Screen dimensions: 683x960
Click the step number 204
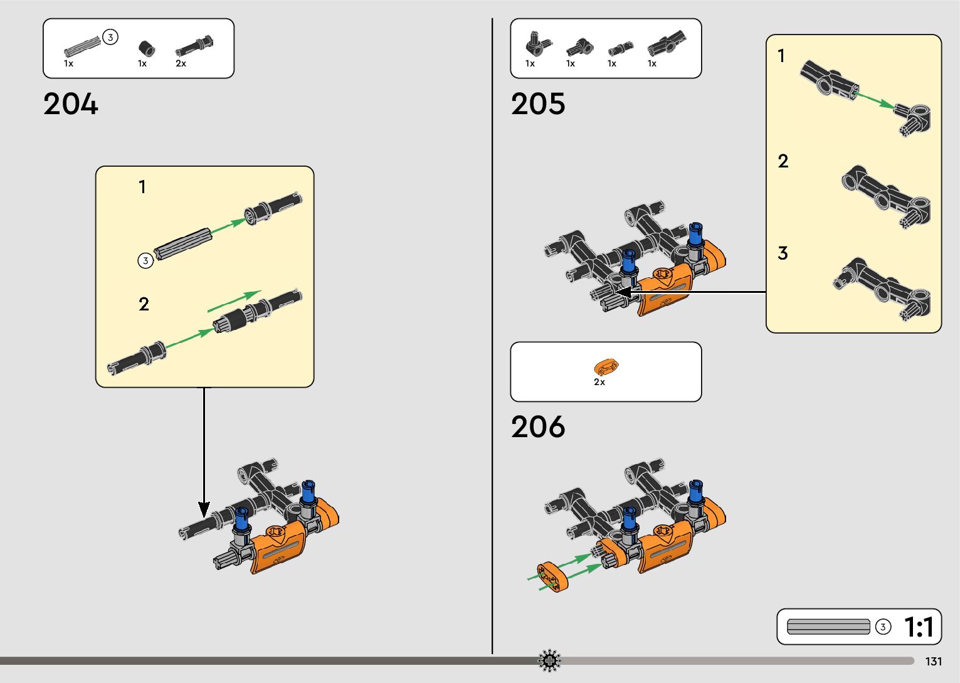(71, 104)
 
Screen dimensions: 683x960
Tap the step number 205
(538, 104)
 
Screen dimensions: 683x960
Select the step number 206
(538, 427)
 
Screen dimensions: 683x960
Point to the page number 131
(934, 662)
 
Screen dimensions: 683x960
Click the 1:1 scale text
(919, 627)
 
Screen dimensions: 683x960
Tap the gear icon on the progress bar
(549, 660)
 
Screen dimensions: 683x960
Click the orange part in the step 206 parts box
(606, 367)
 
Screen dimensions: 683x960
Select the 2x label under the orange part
(599, 382)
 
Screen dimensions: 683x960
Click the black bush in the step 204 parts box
(146, 48)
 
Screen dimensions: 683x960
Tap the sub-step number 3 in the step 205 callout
(783, 253)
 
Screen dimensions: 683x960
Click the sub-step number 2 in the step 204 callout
(144, 304)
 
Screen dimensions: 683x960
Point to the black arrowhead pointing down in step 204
(204, 509)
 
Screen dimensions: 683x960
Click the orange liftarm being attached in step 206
(552, 576)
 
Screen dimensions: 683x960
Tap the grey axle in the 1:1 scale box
(828, 627)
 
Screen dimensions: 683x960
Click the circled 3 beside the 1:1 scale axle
(883, 627)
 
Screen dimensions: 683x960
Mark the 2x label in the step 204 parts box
(181, 63)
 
